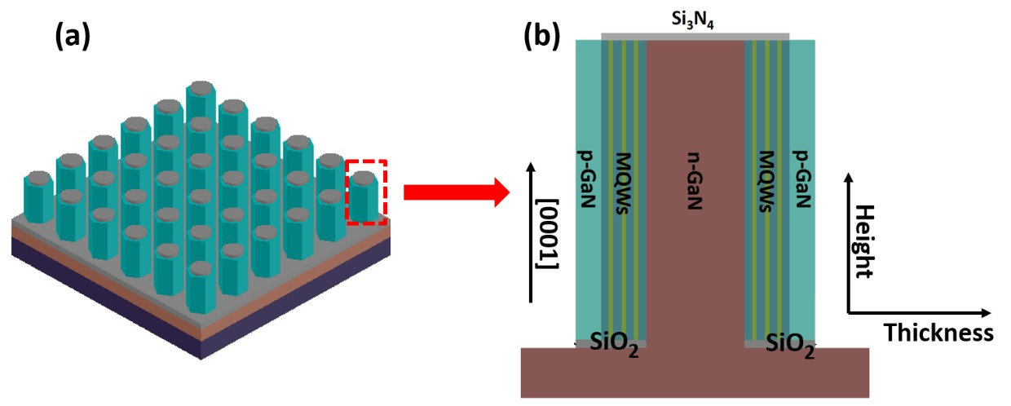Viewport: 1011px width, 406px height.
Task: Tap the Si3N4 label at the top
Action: click(x=695, y=20)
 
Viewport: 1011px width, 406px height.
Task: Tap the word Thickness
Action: click(x=938, y=333)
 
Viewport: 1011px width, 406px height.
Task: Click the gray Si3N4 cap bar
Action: click(x=695, y=36)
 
